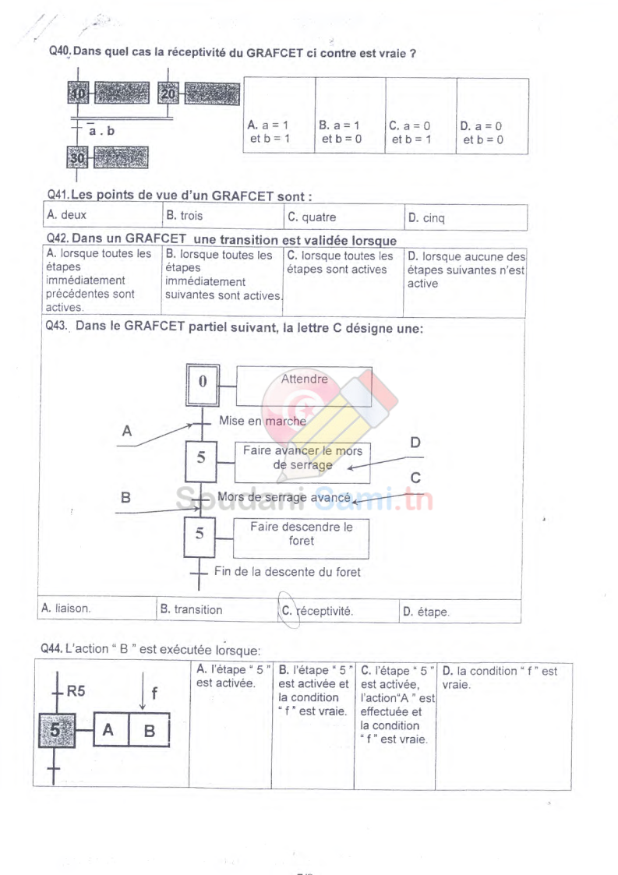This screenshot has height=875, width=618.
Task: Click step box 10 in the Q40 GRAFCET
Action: tap(79, 94)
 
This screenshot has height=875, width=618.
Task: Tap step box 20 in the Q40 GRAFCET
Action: tap(169, 94)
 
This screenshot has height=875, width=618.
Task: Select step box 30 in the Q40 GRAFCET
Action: tap(79, 158)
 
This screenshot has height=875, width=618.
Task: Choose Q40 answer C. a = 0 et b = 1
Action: tap(411, 132)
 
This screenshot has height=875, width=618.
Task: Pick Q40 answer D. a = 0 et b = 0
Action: tap(482, 132)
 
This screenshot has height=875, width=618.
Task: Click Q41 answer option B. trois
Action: tap(184, 216)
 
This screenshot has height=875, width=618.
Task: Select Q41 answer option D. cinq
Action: tap(426, 217)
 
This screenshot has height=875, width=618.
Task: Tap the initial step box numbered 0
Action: tap(203, 382)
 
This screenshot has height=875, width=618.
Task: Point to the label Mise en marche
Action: tap(263, 421)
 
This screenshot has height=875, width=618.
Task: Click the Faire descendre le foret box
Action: tap(301, 534)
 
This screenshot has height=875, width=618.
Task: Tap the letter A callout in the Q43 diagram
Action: tap(127, 430)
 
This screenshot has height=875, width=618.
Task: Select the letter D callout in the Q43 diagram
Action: tap(415, 443)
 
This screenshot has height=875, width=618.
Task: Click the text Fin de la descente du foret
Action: tap(288, 572)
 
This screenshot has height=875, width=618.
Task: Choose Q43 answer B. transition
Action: tap(192, 610)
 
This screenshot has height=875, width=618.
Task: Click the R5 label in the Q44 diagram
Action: tap(76, 689)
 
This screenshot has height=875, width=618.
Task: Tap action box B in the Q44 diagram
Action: tap(150, 731)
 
